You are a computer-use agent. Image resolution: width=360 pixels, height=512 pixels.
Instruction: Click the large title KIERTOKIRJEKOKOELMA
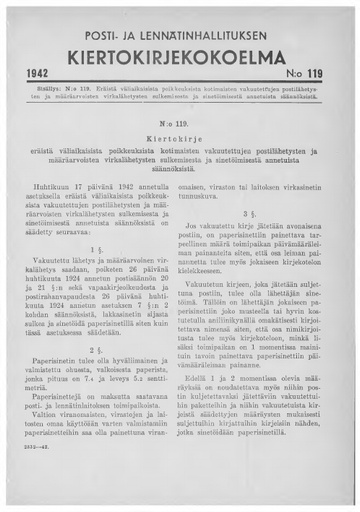pos(180,55)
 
